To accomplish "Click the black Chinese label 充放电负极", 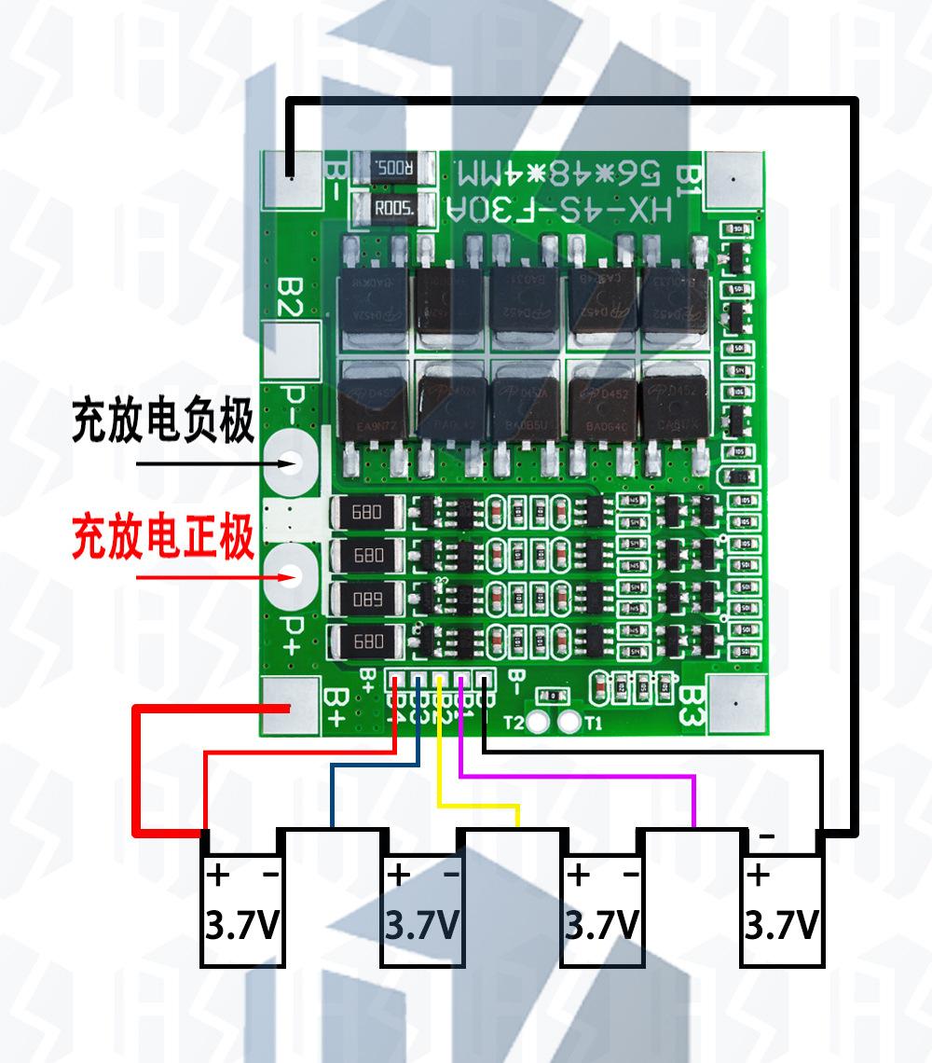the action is pyautogui.click(x=163, y=421).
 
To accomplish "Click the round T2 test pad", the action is pyautogui.click(x=538, y=722).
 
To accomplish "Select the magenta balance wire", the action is pyautogui.click(x=578, y=775).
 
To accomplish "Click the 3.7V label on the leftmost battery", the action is pyautogui.click(x=241, y=926).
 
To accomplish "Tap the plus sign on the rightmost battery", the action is pyautogui.click(x=759, y=876).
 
